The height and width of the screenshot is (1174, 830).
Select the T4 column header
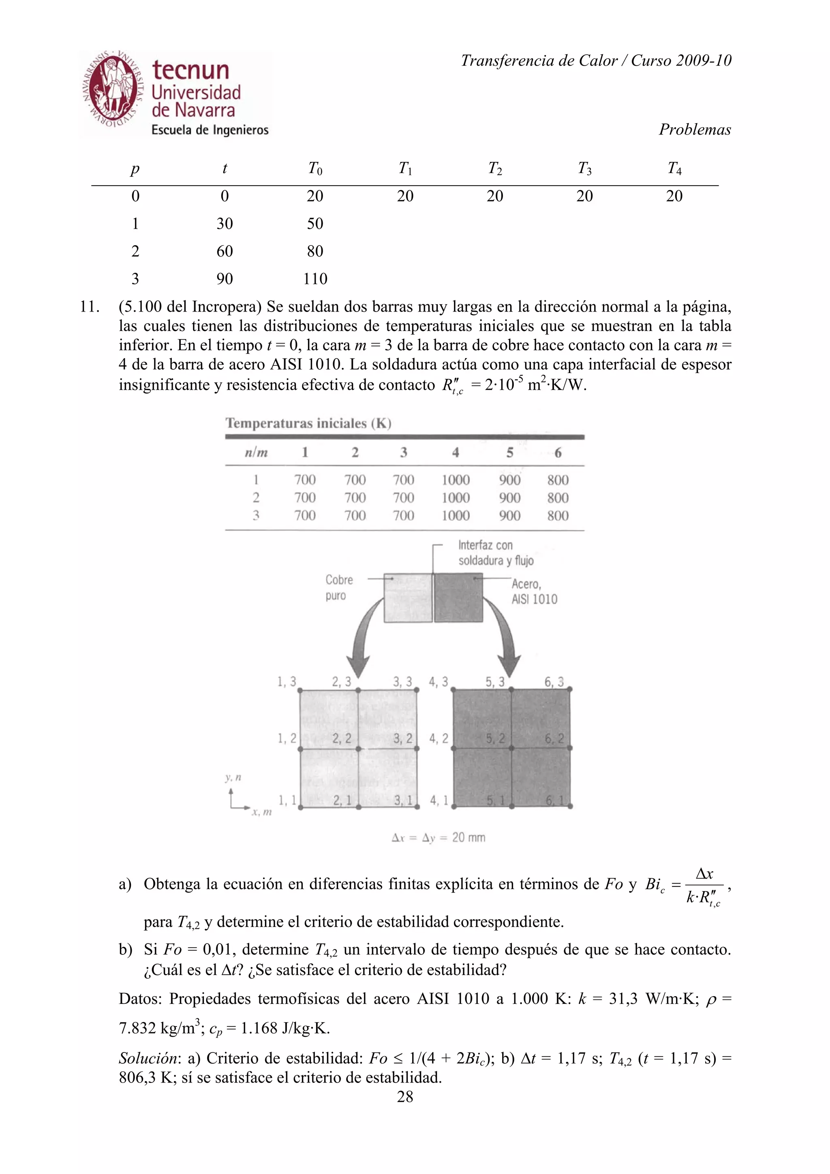[674, 168]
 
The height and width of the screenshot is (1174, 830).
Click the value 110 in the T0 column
[314, 279]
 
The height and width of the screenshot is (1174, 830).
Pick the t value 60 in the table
[225, 251]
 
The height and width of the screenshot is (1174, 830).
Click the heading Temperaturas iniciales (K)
[308, 423]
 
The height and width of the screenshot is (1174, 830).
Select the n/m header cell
[256, 453]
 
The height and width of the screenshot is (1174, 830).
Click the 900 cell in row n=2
[509, 497]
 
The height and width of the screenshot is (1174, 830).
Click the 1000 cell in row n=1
[455, 480]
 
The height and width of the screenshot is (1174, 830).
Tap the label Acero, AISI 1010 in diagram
[534, 591]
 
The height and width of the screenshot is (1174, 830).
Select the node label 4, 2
[438, 739]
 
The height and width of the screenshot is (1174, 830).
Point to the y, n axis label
[233, 778]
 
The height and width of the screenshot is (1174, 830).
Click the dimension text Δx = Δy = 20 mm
[438, 837]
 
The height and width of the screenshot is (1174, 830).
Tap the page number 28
[405, 1096]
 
